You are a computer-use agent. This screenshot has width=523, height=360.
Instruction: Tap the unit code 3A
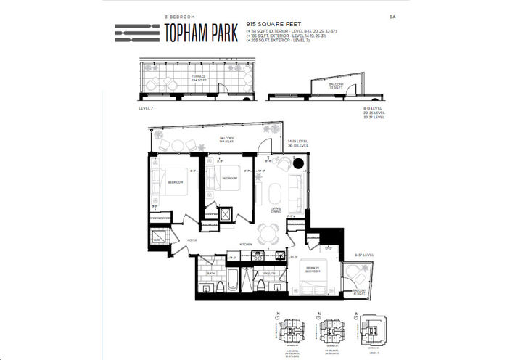coord(393,16)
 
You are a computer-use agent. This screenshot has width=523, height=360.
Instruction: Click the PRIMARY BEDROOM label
coord(313,268)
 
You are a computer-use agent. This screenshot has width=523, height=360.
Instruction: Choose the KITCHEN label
coord(246,245)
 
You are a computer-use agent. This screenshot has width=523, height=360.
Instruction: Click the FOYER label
coord(192,240)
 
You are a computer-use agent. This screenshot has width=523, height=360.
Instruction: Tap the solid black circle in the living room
coord(297,165)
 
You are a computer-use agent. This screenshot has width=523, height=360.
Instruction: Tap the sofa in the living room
coord(296,191)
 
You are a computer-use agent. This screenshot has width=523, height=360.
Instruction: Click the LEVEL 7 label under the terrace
coord(145,108)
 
